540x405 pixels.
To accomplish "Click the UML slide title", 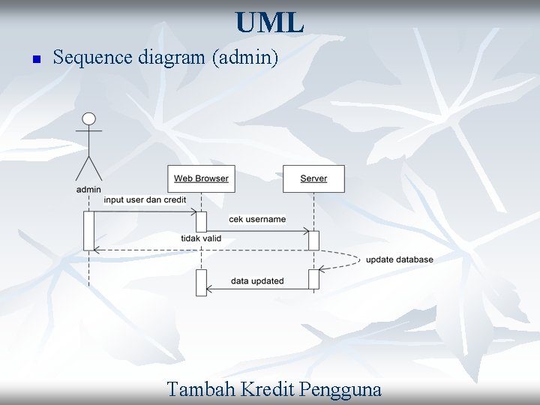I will pos(269,22).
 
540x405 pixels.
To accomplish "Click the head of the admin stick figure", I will pos(89,119).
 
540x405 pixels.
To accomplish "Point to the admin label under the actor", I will pos(88,190).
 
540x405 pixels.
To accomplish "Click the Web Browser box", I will pos(201,178).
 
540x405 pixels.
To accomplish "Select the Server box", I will pos(313,178).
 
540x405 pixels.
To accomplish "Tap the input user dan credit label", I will pos(145,200).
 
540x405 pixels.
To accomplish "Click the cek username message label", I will pos(257,220).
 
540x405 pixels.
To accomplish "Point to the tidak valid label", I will pos(201,238).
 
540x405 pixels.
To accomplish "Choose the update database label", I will pos(399,259).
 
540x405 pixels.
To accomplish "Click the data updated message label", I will pos(257,281).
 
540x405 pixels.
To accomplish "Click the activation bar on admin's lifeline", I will pos(88,230).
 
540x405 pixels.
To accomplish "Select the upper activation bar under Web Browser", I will pos(201,222).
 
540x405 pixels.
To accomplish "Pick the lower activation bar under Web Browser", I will pos(201,282).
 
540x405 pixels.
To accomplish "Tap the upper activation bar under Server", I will pos(313,240).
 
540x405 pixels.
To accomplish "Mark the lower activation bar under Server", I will pos(313,279).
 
